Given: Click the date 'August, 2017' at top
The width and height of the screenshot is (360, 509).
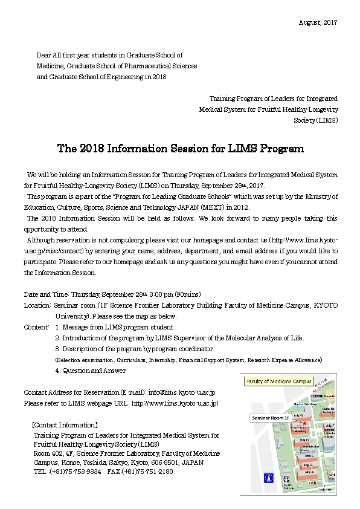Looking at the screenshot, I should pyautogui.click(x=318, y=22).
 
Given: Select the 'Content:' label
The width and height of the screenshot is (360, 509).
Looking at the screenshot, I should pyautogui.click(x=36, y=327).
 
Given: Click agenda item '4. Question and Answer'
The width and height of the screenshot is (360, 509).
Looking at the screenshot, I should pyautogui.click(x=90, y=371).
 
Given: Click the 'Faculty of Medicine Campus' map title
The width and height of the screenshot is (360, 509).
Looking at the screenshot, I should pyautogui.click(x=278, y=381).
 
